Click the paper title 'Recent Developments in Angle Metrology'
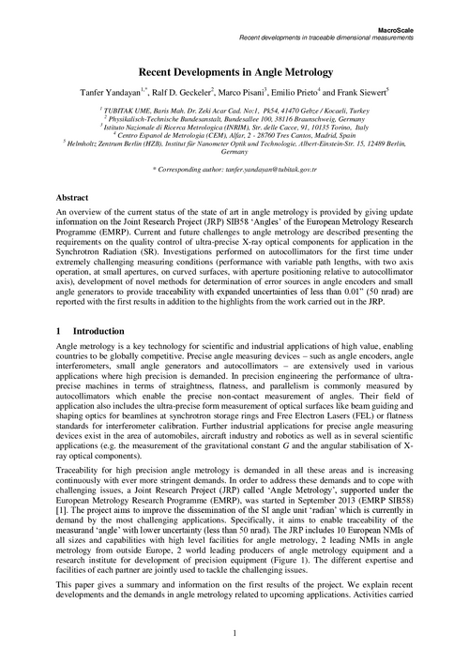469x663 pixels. [x=234, y=70]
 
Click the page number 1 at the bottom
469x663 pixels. [x=234, y=635]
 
